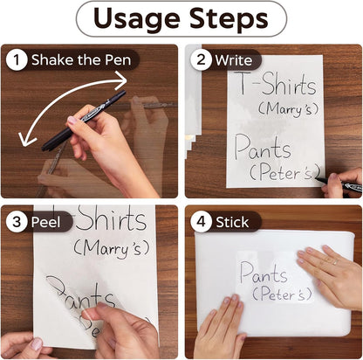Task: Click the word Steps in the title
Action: (229, 17)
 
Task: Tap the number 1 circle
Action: (17, 60)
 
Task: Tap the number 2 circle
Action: (201, 60)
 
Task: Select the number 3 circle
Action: (17, 222)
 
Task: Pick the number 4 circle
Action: (201, 222)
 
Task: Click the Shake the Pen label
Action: (81, 60)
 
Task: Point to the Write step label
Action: (234, 60)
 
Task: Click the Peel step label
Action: (45, 222)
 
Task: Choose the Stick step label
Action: (232, 222)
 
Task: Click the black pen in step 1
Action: (84, 121)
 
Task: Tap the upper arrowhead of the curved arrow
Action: (121, 80)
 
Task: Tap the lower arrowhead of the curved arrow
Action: (25, 139)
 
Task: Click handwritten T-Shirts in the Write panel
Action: (277, 83)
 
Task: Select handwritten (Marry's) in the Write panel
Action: (288, 109)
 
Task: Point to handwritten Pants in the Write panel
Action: (263, 147)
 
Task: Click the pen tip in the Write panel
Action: (318, 178)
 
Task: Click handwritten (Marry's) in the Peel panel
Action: (112, 249)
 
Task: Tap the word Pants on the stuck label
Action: (264, 273)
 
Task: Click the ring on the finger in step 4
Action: (335, 262)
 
